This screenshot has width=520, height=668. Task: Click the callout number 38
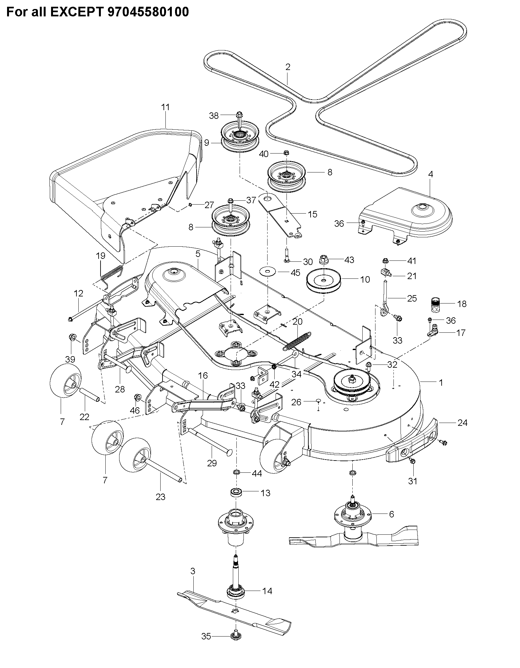(214, 115)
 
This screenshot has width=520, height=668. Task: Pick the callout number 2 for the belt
(288, 67)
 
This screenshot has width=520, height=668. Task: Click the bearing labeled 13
(237, 493)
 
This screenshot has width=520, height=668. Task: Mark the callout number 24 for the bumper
(462, 423)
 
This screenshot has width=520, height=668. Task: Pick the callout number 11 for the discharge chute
(165, 107)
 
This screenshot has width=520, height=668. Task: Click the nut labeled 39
(72, 338)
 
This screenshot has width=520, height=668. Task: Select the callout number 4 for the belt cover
(431, 174)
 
